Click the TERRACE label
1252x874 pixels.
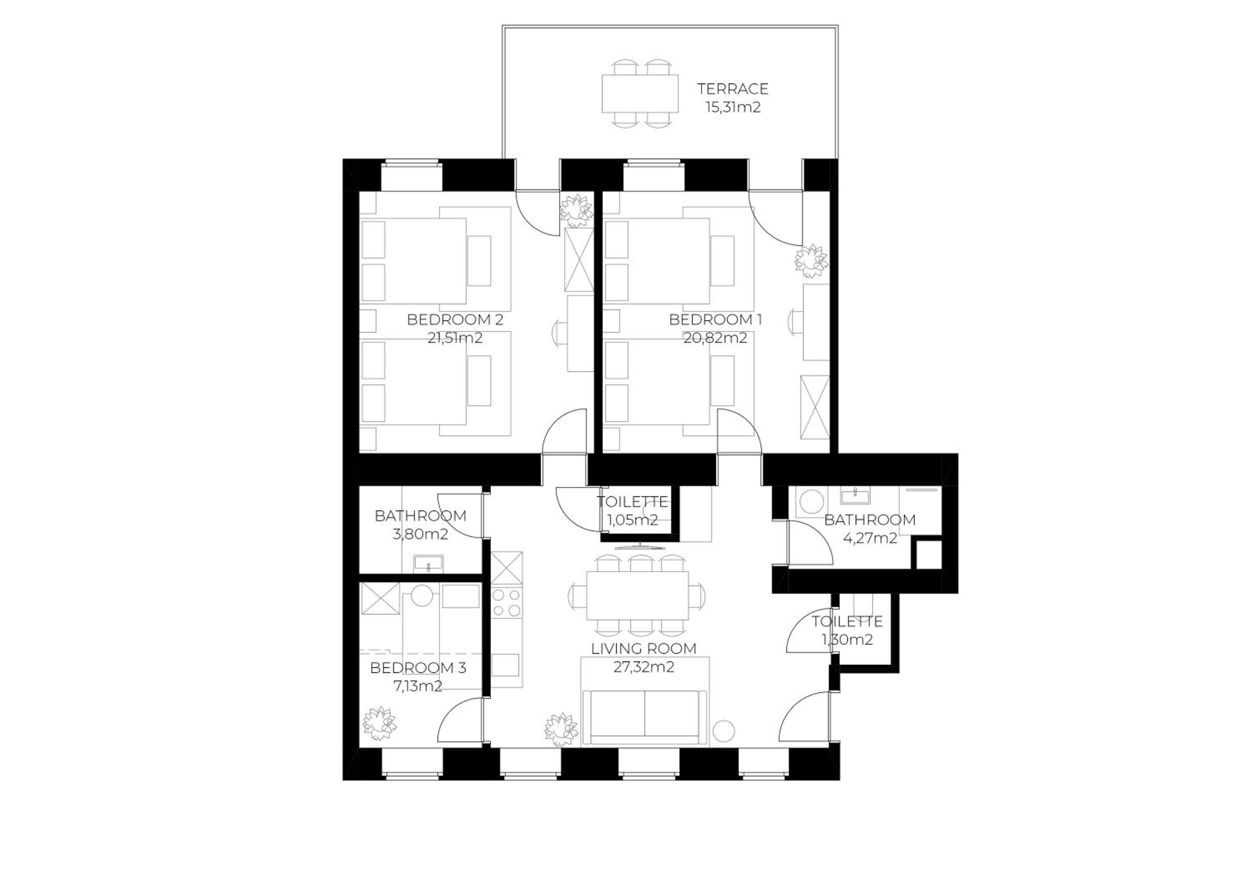[x=732, y=89]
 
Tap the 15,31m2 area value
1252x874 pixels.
[x=733, y=107]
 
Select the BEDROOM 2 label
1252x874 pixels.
[x=455, y=319]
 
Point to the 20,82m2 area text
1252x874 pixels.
[x=715, y=338]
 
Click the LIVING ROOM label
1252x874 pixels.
[x=644, y=649]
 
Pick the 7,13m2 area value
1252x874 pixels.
[x=418, y=686]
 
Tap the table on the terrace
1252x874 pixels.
[x=640, y=94]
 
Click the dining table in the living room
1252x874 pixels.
[x=637, y=595]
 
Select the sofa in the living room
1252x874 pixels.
[x=644, y=716]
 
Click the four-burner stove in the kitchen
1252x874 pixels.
[x=507, y=603]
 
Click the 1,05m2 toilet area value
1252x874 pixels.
[x=633, y=520]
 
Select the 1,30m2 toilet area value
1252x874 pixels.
[x=847, y=640]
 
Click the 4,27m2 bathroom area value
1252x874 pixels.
[x=870, y=538]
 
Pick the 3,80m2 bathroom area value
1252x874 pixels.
[x=420, y=535]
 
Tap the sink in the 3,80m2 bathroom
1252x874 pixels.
[x=429, y=563]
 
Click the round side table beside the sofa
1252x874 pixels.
[x=724, y=731]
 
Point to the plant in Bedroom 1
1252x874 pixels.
[x=811, y=259]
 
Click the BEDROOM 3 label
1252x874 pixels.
[x=418, y=668]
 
